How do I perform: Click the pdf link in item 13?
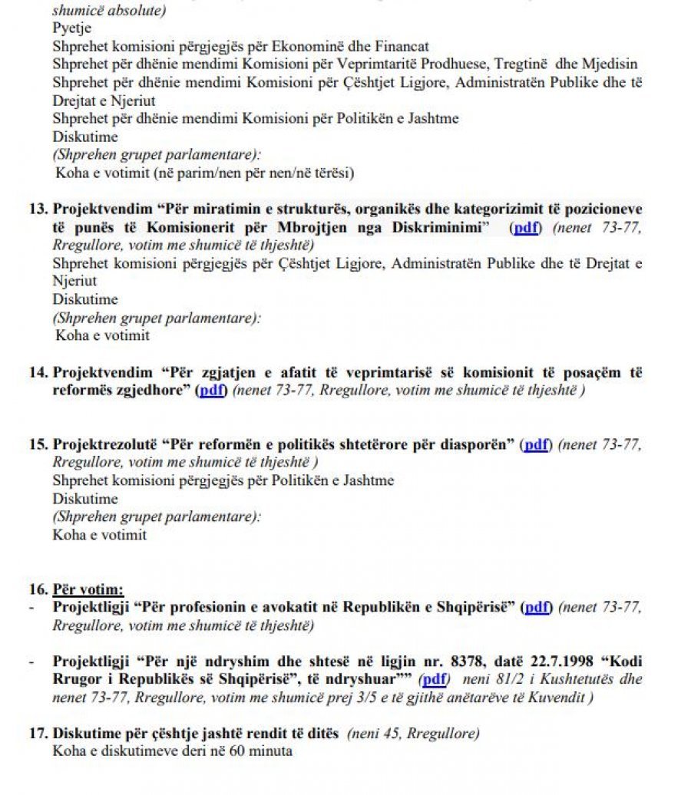(527, 227)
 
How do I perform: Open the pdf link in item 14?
(212, 391)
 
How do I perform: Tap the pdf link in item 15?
(537, 444)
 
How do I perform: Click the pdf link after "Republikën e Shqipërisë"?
(537, 607)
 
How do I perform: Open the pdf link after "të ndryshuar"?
(435, 679)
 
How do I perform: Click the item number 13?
(38, 209)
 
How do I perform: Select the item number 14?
(38, 372)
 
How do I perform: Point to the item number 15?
(38, 444)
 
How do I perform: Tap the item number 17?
(38, 733)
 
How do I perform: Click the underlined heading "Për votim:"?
(88, 589)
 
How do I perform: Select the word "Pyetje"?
(71, 28)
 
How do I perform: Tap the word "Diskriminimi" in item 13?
(445, 227)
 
